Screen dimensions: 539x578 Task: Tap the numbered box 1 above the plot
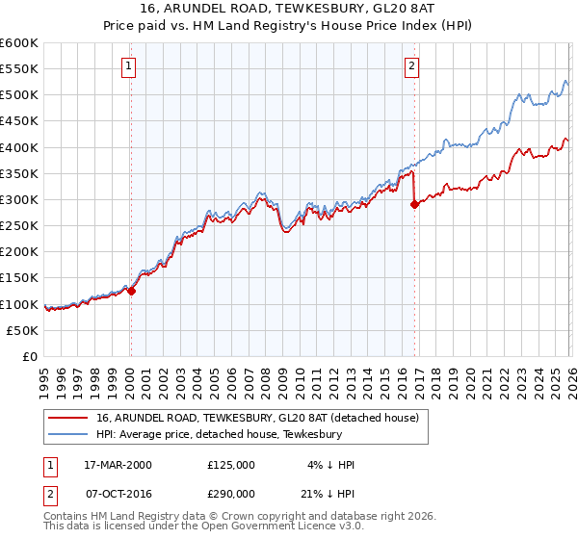coord(129,66)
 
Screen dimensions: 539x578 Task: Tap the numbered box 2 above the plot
coord(411,66)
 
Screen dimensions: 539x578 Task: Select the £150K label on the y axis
coord(19,278)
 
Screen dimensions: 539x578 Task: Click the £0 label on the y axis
coord(29,356)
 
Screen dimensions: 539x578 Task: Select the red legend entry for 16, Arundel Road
coord(256,419)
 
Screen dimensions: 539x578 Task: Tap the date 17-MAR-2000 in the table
coord(119,464)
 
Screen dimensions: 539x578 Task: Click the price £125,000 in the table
coord(231,464)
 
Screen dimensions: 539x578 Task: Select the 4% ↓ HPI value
coord(332,464)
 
